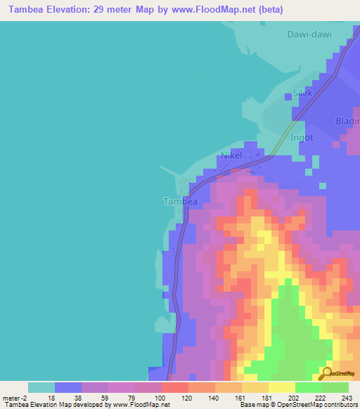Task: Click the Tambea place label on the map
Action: [x=179, y=202]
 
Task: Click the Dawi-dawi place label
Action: [x=309, y=34]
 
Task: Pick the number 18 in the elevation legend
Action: [x=50, y=397]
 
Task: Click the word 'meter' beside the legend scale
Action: [x=12, y=397]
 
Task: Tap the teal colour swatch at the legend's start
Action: [x=41, y=387]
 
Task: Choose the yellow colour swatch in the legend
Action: [x=282, y=387]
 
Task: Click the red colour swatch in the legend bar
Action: [x=175, y=387]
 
